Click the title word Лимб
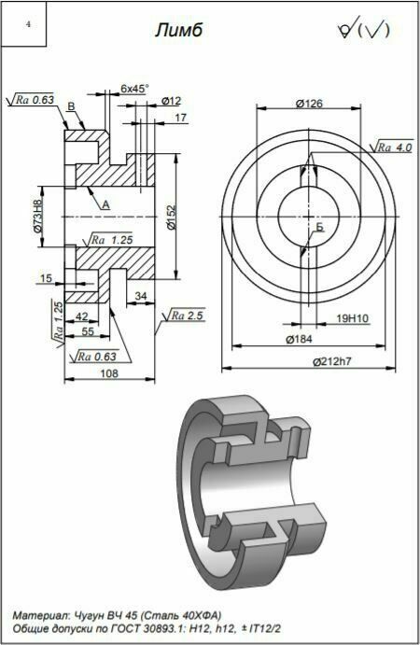tap(179, 30)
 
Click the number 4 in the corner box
tap(28, 24)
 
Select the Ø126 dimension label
tap(309, 104)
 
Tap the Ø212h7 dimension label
tap(332, 361)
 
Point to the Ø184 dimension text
tap(299, 339)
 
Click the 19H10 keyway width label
tap(353, 318)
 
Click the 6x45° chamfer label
tap(134, 88)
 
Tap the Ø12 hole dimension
tap(171, 101)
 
